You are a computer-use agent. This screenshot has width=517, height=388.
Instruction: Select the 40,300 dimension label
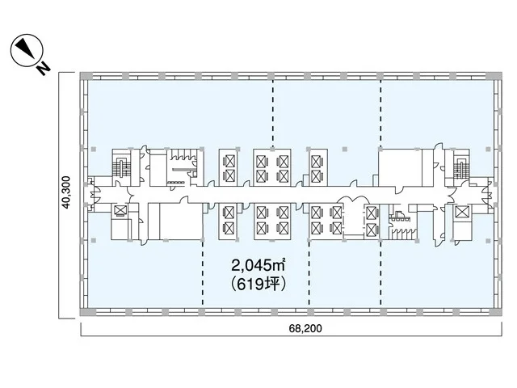coord(66,192)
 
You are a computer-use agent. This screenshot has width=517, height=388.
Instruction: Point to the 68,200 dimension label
coord(305,328)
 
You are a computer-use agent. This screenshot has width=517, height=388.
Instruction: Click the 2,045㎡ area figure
coord(258,264)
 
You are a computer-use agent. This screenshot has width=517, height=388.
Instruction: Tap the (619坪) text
coord(258,284)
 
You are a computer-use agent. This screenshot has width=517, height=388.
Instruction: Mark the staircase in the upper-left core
coord(121,167)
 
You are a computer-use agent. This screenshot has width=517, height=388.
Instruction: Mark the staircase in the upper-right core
coord(461,167)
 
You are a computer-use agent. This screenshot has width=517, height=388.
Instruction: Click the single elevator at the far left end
coord(120,210)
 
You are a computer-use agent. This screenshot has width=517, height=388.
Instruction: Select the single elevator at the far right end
coord(462,211)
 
